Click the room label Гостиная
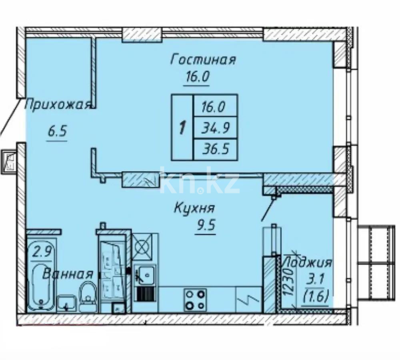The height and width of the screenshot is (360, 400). click(203, 60)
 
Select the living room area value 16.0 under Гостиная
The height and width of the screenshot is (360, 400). click(197, 76)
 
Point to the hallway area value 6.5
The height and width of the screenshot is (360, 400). click(57, 132)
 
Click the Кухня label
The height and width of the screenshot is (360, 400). click(194, 208)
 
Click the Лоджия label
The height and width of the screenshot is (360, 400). click(307, 263)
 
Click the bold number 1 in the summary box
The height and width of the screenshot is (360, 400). click(182, 128)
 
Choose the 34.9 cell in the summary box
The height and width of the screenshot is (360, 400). click(215, 128)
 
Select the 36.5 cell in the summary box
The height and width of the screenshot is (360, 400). click(215, 150)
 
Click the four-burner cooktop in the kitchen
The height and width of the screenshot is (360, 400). click(195, 299)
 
